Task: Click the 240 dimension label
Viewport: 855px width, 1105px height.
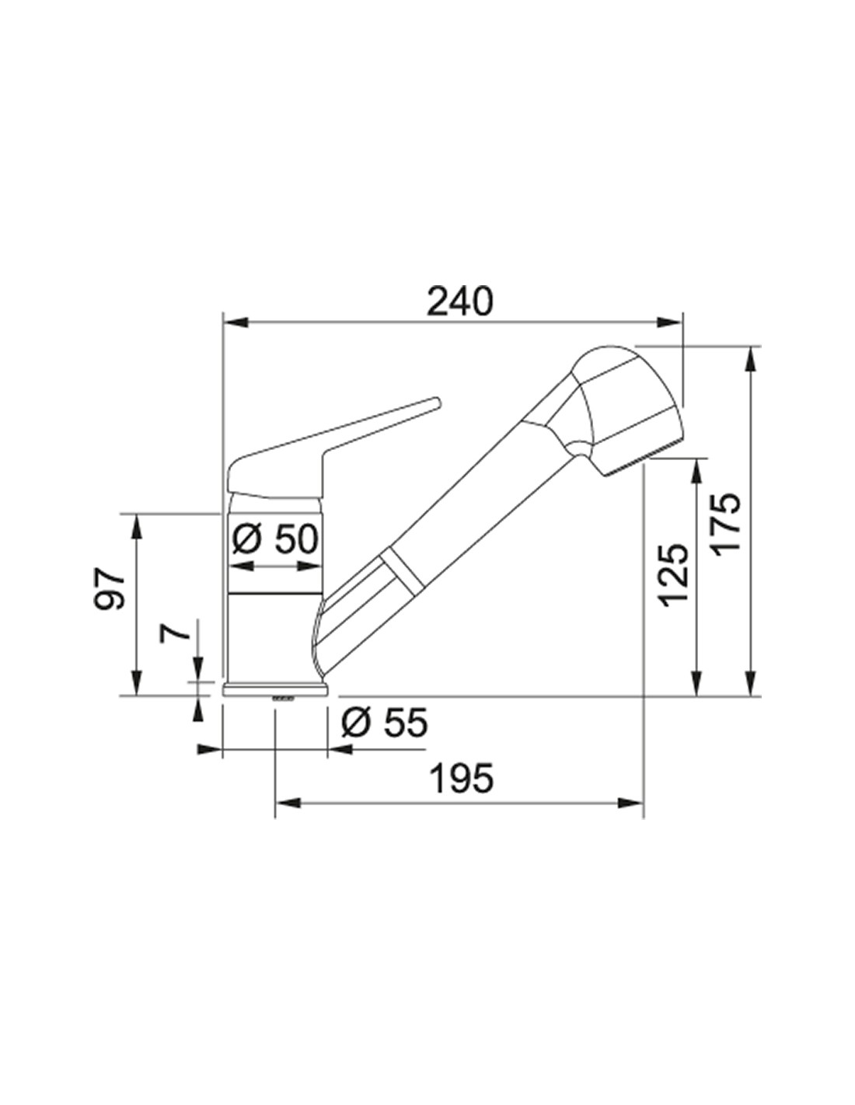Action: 459,302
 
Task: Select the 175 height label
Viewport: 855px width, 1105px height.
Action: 724,525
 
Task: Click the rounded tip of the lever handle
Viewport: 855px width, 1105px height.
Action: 434,403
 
